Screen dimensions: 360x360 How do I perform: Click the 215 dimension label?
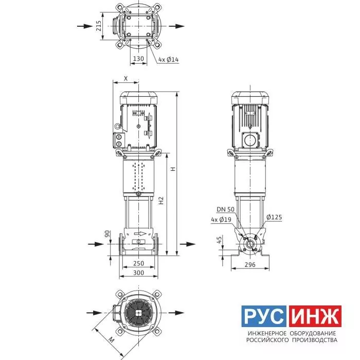point(99,26)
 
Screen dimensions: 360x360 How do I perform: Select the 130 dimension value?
point(138,59)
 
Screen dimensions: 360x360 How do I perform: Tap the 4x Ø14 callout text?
point(169,60)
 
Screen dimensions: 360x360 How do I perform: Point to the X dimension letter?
point(126,79)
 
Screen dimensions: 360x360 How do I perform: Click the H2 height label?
point(161,201)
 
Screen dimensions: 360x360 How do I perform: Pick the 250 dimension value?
point(139,263)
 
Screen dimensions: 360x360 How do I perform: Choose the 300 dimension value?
point(139,273)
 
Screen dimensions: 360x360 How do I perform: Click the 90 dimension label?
point(107,234)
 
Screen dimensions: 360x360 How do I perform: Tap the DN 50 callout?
point(226,209)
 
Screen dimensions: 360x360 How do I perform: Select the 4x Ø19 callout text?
point(221,220)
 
